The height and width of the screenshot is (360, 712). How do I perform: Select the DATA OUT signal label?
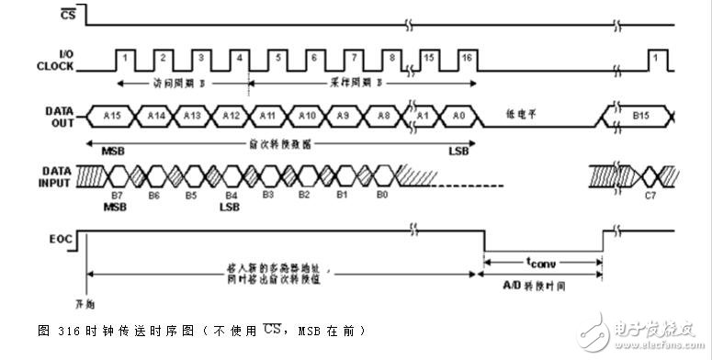click(59, 116)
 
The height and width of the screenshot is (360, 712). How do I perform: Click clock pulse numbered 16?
click(468, 58)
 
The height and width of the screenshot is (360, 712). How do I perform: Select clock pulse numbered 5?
click(277, 58)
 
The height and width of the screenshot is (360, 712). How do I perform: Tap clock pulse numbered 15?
click(430, 58)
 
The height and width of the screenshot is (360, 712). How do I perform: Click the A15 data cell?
click(112, 116)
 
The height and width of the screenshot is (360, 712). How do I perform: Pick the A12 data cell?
click(231, 116)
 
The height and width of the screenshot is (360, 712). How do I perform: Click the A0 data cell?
click(458, 116)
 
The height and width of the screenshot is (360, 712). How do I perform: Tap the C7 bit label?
click(650, 195)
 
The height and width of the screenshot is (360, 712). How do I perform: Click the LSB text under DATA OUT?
click(457, 151)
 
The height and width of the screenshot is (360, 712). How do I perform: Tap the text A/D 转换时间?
click(541, 286)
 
